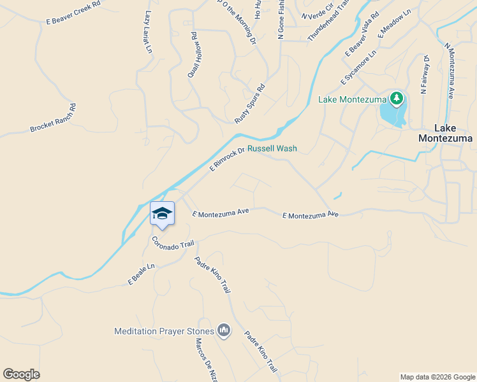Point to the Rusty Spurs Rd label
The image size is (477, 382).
(x=249, y=104)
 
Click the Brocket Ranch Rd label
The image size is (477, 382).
(x=53, y=118)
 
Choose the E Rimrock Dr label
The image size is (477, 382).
(x=228, y=159)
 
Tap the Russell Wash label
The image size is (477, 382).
(x=272, y=148)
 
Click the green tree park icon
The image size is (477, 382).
(x=397, y=98)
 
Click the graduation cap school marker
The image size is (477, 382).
(x=162, y=213)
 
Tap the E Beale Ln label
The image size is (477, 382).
(x=142, y=274)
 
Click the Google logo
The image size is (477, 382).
(x=21, y=374)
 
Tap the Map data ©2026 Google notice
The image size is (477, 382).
(x=437, y=377)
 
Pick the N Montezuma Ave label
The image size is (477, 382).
(x=449, y=70)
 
